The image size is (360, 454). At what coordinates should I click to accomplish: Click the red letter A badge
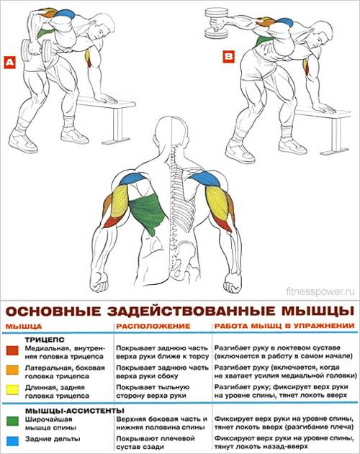click(x=9, y=63)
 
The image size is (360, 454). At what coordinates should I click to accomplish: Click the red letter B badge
click(x=229, y=56)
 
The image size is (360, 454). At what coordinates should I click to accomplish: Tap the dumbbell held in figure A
click(x=37, y=50)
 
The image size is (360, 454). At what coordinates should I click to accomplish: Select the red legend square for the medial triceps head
click(x=12, y=350)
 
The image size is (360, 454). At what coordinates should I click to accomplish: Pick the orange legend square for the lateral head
click(x=12, y=370)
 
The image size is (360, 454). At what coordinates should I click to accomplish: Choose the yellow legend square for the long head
click(x=12, y=389)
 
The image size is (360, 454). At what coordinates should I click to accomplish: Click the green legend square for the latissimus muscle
click(x=12, y=421)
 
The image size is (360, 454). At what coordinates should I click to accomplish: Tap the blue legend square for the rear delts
click(x=12, y=441)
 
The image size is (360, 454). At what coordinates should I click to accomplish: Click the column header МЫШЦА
click(x=24, y=327)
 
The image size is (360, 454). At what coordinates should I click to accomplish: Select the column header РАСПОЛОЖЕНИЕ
click(x=153, y=327)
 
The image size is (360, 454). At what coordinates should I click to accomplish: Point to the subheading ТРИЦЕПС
click(x=45, y=340)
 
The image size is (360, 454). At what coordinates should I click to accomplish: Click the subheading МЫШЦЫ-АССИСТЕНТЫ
click(x=75, y=411)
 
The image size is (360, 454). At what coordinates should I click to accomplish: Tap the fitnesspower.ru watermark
click(x=320, y=291)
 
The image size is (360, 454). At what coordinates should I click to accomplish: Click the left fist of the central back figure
click(x=99, y=282)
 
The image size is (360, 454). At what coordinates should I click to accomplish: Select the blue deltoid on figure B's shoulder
click(x=284, y=22)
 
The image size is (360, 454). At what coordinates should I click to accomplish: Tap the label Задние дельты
click(x=53, y=439)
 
